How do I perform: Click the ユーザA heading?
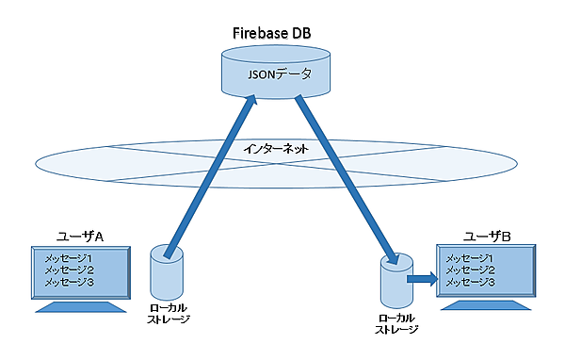80,234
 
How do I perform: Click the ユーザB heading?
487,234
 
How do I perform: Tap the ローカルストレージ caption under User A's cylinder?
170,314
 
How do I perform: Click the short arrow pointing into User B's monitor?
421,278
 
